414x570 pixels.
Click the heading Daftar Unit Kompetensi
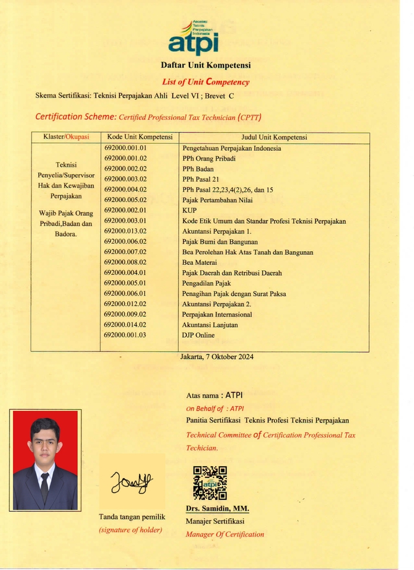[206, 65]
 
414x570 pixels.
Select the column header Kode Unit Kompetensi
[140, 137]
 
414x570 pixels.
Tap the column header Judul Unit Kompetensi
[274, 137]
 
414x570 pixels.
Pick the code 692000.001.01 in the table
[125, 148]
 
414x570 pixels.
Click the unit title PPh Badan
[197, 169]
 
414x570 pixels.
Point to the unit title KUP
[189, 210]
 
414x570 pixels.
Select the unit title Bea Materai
[200, 262]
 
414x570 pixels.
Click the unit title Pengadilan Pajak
[206, 283]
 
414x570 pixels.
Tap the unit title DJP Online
[198, 335]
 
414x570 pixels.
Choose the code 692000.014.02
[125, 325]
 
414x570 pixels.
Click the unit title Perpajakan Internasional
[217, 314]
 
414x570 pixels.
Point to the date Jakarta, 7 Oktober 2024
[217, 357]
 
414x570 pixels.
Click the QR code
[210, 482]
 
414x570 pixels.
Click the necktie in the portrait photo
[45, 486]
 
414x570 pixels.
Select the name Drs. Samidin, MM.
[217, 509]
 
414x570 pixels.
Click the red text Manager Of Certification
[225, 534]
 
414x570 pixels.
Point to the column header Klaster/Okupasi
[65, 137]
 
